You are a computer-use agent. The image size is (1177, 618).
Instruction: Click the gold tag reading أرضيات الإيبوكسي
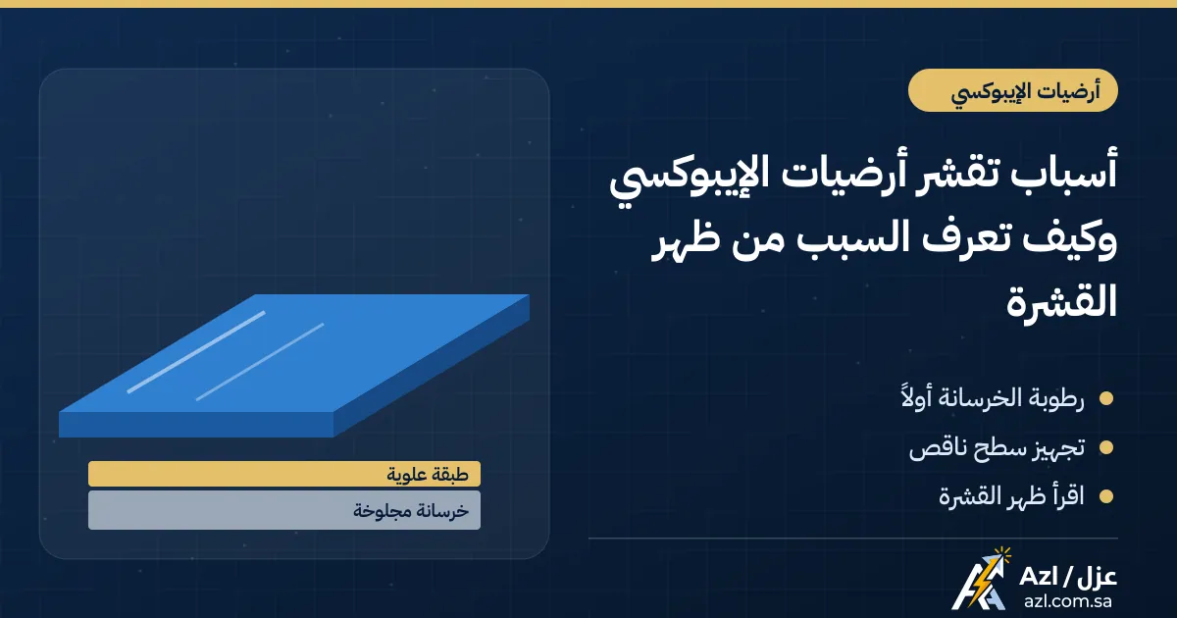[1012, 90]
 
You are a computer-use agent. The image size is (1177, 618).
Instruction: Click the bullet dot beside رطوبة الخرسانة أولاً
[1106, 398]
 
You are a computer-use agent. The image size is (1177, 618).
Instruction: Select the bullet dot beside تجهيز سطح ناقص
[1106, 447]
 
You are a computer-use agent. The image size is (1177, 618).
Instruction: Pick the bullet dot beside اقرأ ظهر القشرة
[1106, 496]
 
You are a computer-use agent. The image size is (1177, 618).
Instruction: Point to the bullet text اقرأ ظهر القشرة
[1011, 496]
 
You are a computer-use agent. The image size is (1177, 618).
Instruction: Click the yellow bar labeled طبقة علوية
[284, 474]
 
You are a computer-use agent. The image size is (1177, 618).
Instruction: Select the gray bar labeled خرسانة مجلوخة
[284, 510]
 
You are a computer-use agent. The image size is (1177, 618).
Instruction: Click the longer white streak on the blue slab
[196, 352]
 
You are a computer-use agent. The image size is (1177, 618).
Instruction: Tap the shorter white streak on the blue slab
[260, 362]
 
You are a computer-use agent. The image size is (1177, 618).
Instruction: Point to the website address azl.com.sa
[1068, 601]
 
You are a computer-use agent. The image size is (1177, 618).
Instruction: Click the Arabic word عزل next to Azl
[1097, 577]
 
